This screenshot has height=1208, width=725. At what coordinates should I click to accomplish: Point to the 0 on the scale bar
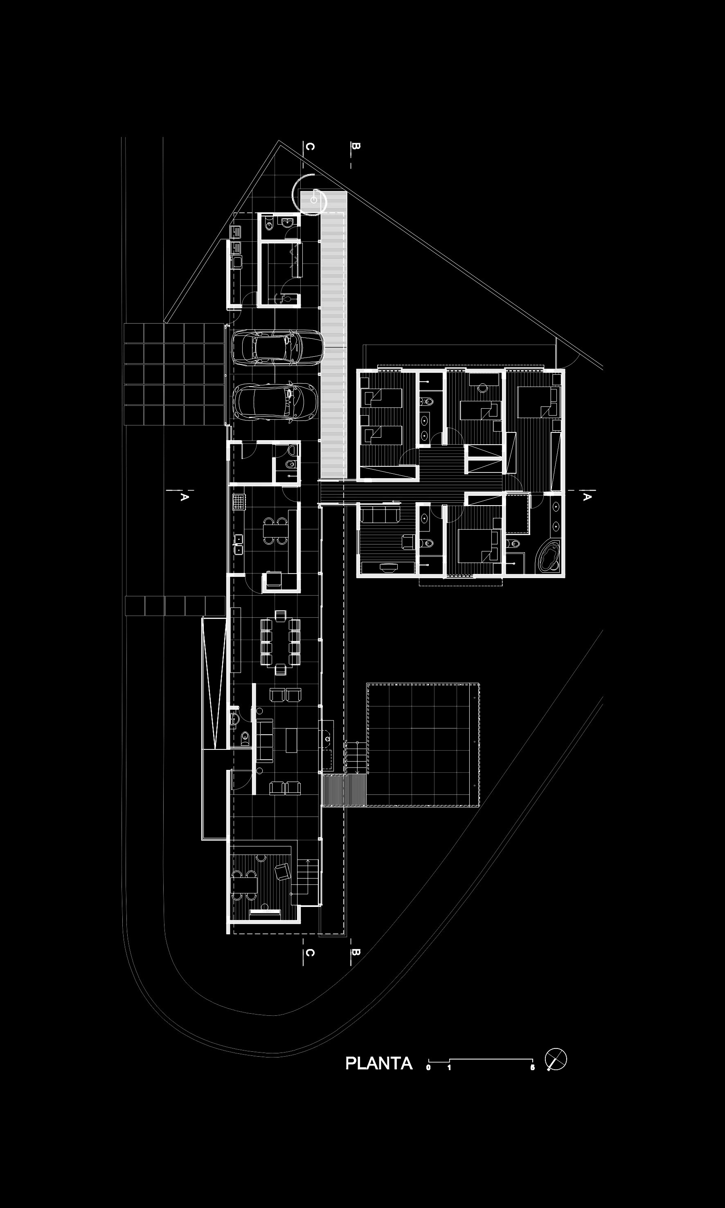(x=428, y=1067)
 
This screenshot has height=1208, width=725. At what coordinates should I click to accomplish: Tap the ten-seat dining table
(x=280, y=642)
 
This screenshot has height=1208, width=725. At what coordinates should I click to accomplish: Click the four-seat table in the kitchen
(x=275, y=531)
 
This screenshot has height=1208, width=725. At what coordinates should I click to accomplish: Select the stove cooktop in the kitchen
(x=238, y=501)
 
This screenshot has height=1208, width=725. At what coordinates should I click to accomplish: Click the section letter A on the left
(x=184, y=497)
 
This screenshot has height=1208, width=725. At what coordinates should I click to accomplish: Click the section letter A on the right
(x=587, y=497)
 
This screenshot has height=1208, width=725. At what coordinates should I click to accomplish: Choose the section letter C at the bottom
(x=309, y=952)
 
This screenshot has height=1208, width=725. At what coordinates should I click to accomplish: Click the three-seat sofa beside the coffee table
(x=264, y=741)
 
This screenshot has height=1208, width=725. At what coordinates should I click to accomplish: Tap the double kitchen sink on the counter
(x=239, y=544)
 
